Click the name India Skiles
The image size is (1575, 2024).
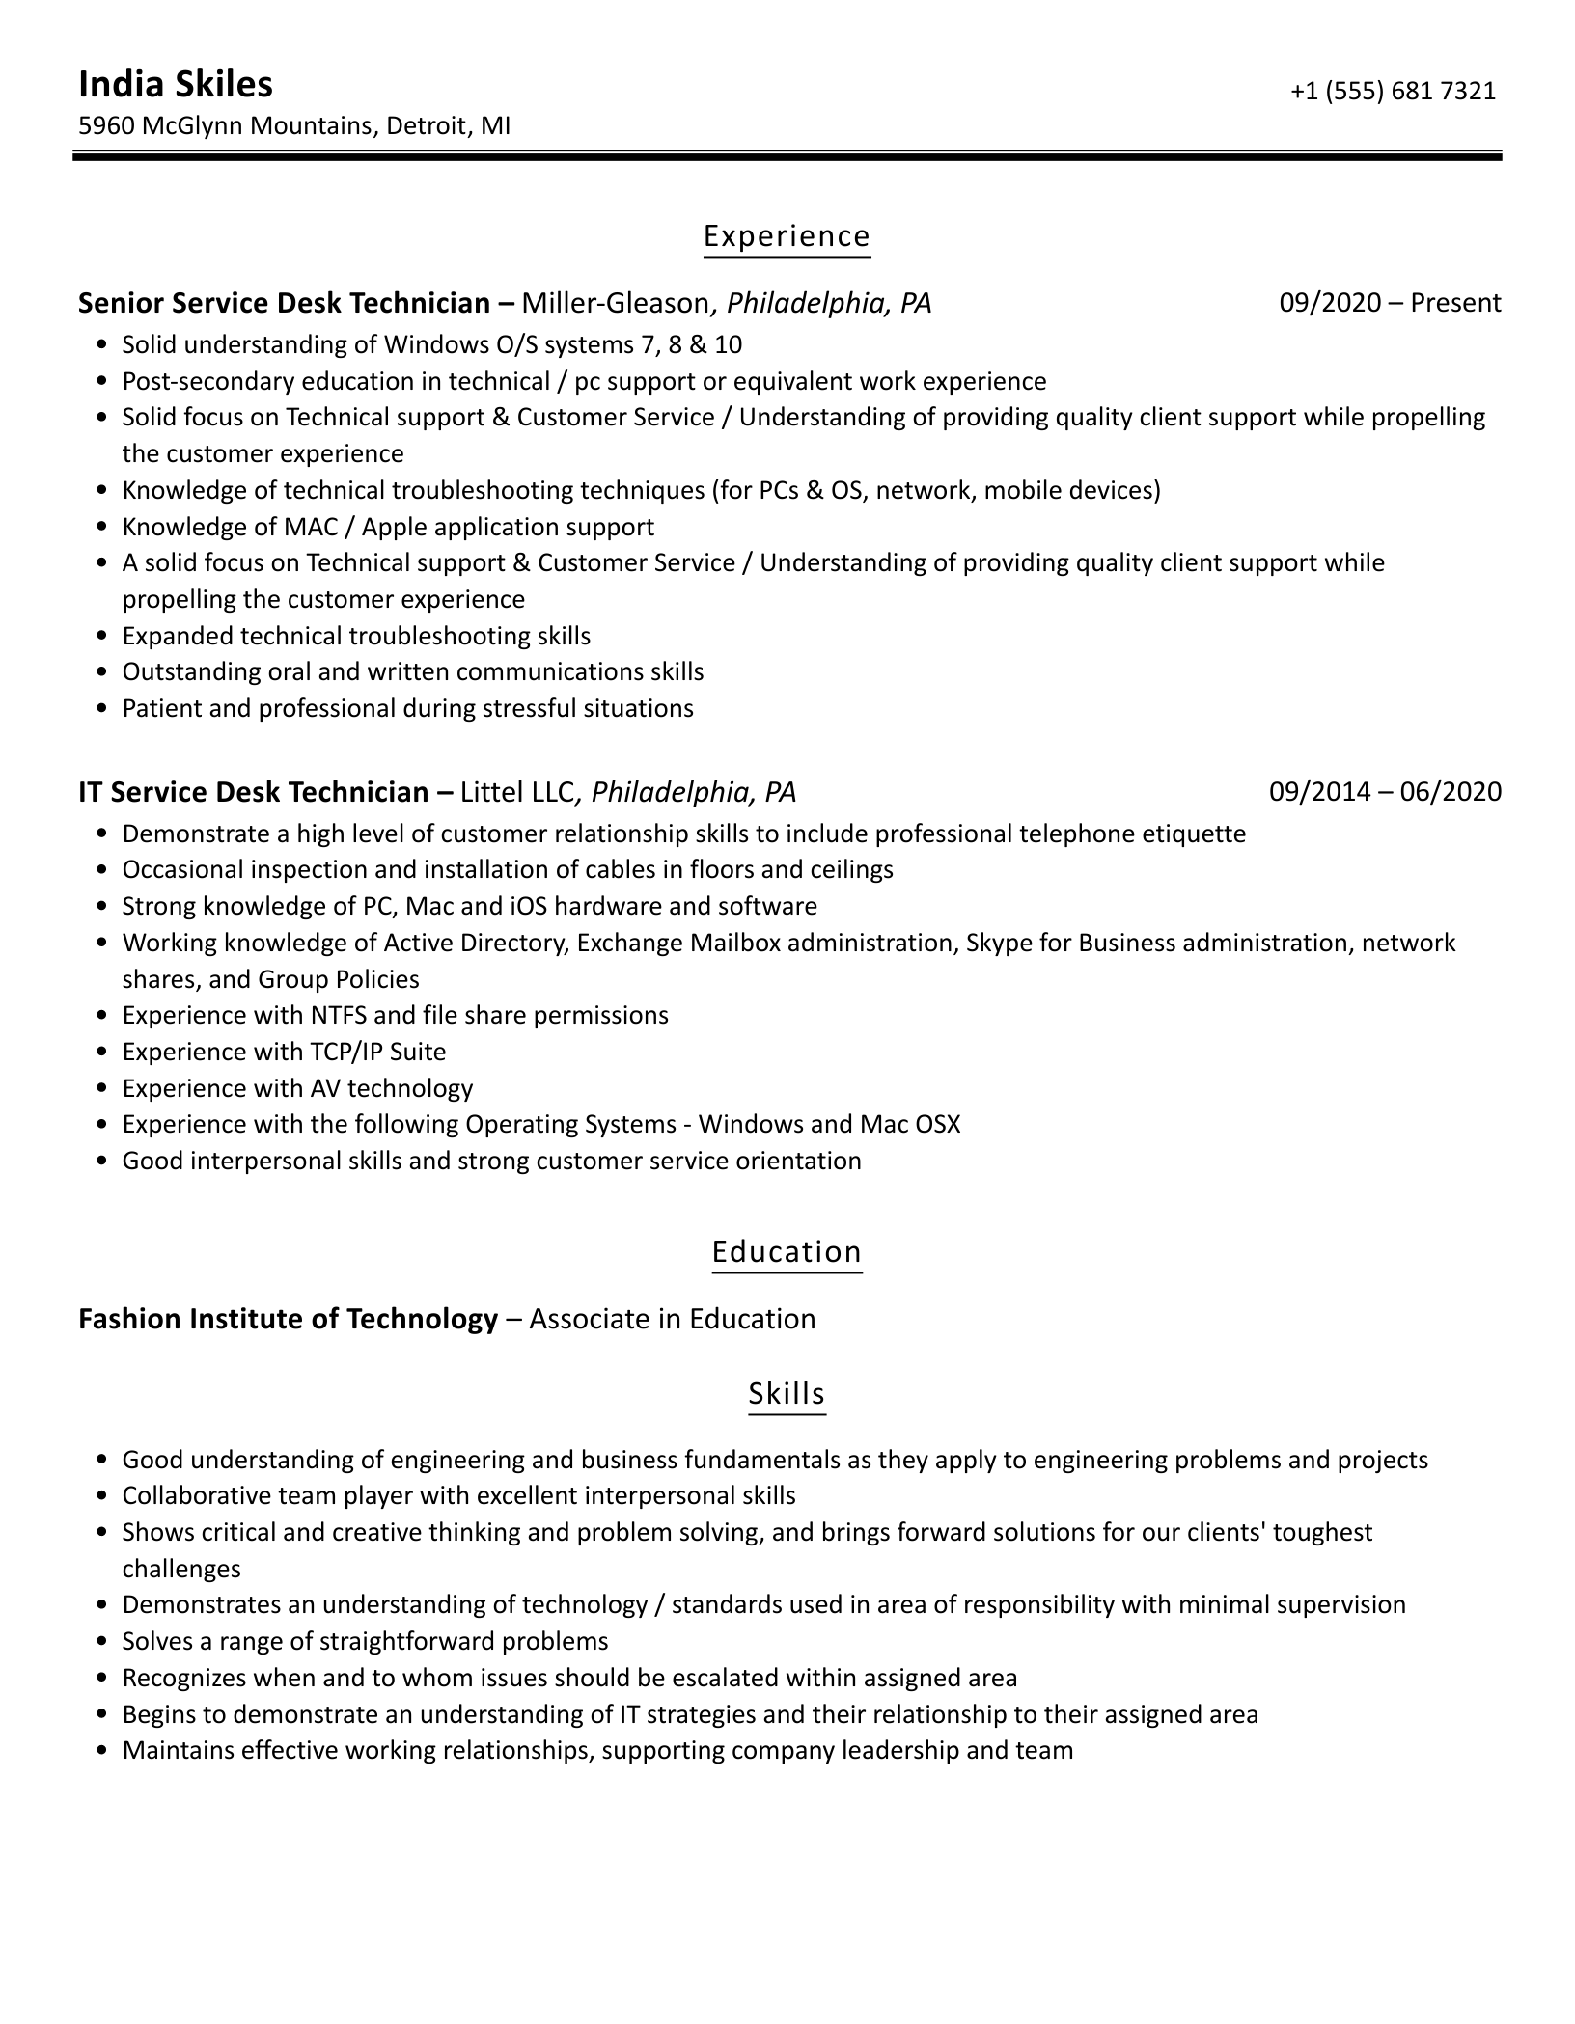pyautogui.click(x=175, y=85)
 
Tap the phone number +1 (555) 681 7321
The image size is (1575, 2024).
pyautogui.click(x=1393, y=91)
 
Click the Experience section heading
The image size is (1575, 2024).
pyautogui.click(x=787, y=236)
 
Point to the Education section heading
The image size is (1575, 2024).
pyautogui.click(x=787, y=1251)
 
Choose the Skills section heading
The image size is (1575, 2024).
pyautogui.click(x=787, y=1393)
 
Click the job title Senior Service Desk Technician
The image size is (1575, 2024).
pyautogui.click(x=285, y=304)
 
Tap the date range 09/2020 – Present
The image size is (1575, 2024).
pyautogui.click(x=1390, y=303)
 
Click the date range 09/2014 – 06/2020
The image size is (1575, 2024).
pyautogui.click(x=1385, y=792)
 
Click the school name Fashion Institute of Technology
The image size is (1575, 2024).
pyautogui.click(x=288, y=1319)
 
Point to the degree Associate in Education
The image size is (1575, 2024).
pyautogui.click(x=673, y=1319)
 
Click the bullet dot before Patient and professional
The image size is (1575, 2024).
pyautogui.click(x=103, y=709)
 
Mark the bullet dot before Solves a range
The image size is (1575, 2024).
pyautogui.click(x=103, y=1642)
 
